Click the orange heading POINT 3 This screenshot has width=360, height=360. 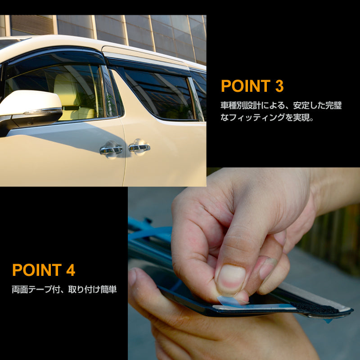[252, 86]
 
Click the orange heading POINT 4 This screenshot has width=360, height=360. [43, 270]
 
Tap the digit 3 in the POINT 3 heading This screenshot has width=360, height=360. [277, 86]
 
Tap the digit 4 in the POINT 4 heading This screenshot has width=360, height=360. [70, 270]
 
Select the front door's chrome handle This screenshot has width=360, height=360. [111, 149]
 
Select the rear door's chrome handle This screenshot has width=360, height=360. [139, 147]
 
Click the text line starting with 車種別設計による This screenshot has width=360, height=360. [281, 106]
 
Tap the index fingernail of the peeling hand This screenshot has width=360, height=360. [230, 279]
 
